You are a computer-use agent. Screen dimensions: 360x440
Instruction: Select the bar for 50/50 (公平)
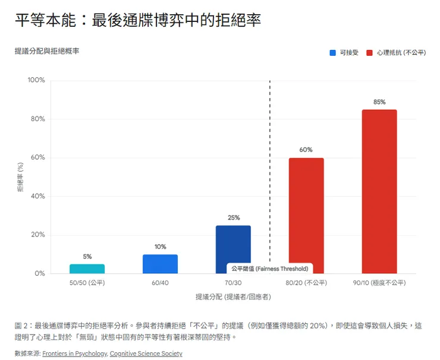(87, 269)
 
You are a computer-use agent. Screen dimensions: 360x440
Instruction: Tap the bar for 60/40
(160, 264)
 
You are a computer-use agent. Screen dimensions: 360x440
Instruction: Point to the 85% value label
(379, 102)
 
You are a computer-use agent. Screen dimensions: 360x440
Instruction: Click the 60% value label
(306, 150)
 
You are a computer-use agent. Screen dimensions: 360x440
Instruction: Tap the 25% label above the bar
(233, 218)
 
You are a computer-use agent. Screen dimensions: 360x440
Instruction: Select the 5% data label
(87, 257)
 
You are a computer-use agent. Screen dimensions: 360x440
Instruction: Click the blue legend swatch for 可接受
(333, 53)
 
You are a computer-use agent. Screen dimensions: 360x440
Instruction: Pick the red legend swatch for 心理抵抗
(370, 53)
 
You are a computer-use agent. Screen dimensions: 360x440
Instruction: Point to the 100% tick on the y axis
(36, 80)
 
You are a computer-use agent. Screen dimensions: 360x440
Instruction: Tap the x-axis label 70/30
(233, 283)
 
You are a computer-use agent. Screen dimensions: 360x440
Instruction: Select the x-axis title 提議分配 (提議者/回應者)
(233, 296)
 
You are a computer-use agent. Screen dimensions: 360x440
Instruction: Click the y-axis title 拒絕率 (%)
(20, 177)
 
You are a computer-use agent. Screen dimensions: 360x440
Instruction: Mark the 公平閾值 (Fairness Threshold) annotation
(270, 269)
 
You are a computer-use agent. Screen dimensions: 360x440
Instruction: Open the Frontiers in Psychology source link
(75, 353)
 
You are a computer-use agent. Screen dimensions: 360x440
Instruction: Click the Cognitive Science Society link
(146, 353)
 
